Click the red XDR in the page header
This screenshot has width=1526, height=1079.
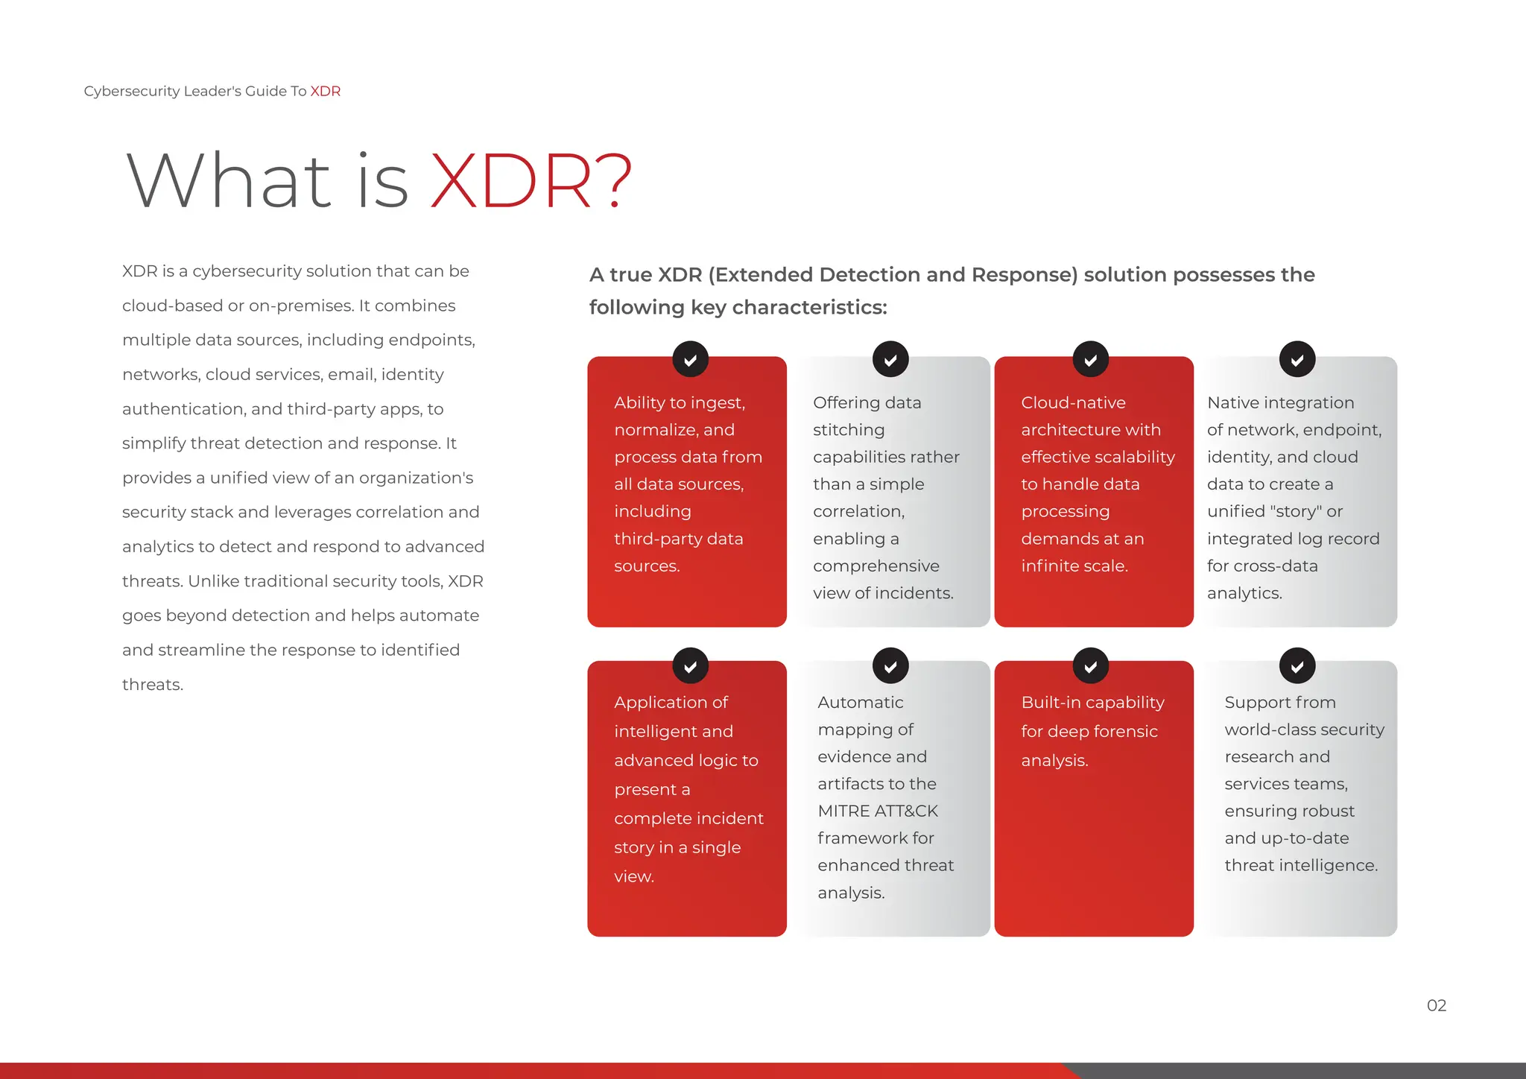pyautogui.click(x=325, y=91)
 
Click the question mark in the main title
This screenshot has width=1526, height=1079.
pyautogui.click(x=615, y=180)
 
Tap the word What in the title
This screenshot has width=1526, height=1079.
pyautogui.click(x=229, y=180)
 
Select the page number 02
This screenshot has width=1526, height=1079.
pyautogui.click(x=1436, y=1005)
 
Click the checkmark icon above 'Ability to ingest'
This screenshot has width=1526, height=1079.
pyautogui.click(x=690, y=360)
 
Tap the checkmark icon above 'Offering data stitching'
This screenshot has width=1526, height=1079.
pyautogui.click(x=890, y=360)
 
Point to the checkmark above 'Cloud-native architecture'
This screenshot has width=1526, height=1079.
pyautogui.click(x=1090, y=360)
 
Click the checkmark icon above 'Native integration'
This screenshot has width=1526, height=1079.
pyautogui.click(x=1297, y=360)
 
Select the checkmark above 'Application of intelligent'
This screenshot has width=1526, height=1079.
pyautogui.click(x=690, y=666)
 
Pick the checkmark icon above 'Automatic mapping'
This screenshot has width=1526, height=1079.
pyautogui.click(x=890, y=666)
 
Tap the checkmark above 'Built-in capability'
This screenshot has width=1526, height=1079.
pyautogui.click(x=1090, y=666)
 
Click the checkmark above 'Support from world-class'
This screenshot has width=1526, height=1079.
pyautogui.click(x=1297, y=666)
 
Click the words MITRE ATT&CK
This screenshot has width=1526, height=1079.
pyautogui.click(x=877, y=811)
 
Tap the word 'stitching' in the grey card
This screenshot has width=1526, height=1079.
pyautogui.click(x=849, y=430)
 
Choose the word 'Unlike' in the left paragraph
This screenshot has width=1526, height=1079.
pyautogui.click(x=211, y=581)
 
